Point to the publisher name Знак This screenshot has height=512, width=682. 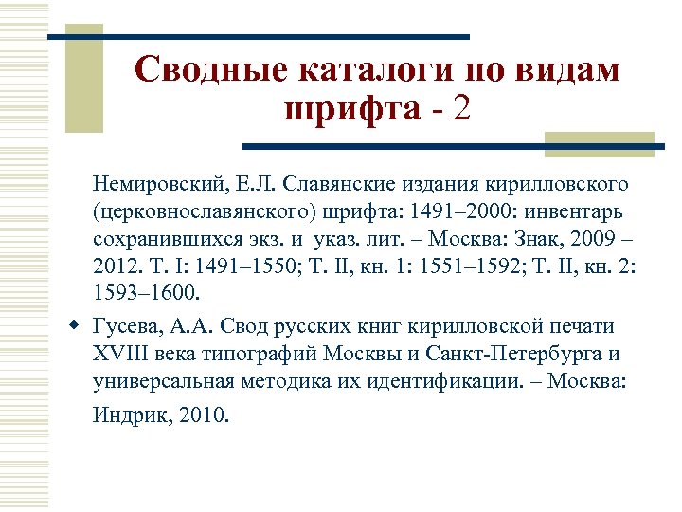pyautogui.click(x=541, y=235)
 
